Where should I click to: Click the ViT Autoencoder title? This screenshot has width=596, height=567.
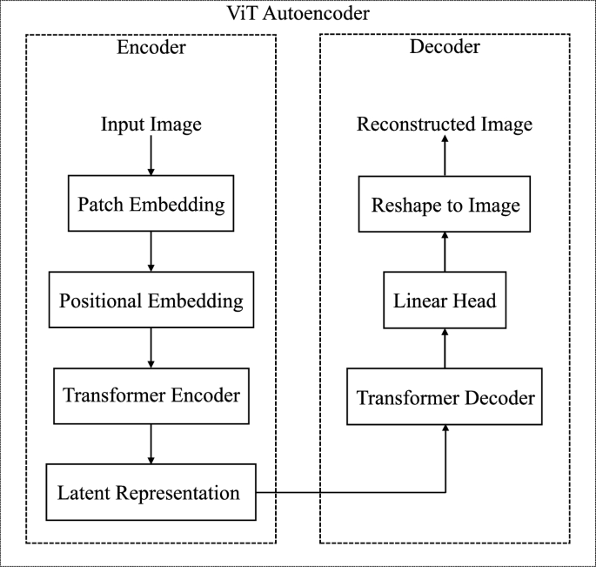click(298, 15)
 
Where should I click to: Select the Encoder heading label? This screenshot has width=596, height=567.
click(151, 47)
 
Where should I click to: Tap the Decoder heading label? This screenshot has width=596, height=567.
click(445, 47)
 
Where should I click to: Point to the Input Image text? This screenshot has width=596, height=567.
click(151, 125)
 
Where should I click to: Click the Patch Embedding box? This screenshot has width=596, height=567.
click(151, 206)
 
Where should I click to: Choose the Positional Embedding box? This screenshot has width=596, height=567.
click(151, 301)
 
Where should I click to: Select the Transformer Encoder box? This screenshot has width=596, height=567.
click(151, 395)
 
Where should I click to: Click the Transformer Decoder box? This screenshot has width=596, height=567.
click(445, 398)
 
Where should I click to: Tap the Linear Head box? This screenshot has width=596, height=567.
click(445, 301)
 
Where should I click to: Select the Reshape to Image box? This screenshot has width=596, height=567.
click(445, 206)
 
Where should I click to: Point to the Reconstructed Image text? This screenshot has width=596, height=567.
click(445, 125)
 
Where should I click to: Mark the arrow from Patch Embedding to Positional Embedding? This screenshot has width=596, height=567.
click(151, 252)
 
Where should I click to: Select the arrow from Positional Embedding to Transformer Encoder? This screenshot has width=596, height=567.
click(151, 348)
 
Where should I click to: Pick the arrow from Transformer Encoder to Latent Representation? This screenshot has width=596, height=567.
click(151, 443)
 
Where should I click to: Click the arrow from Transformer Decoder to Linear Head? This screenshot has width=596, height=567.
click(445, 348)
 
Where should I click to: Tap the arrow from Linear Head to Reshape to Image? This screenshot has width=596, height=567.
click(445, 253)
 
